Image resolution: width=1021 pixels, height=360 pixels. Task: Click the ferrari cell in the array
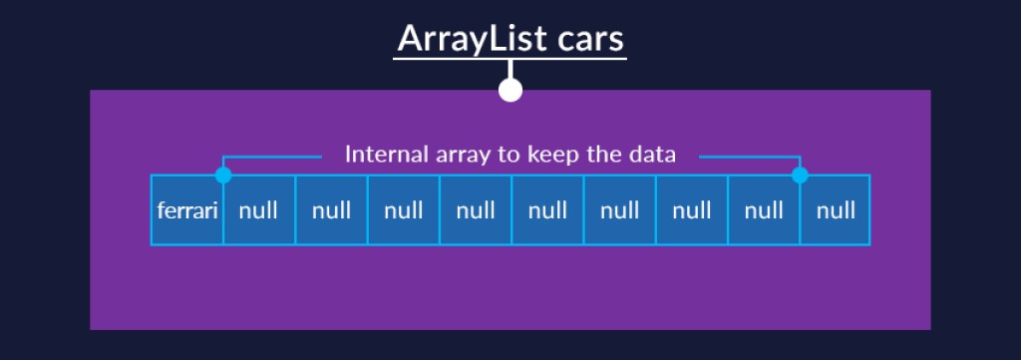click(x=186, y=210)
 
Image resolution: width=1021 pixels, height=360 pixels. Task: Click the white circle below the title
click(x=510, y=90)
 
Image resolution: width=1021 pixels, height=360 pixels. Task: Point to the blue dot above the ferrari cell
click(x=223, y=176)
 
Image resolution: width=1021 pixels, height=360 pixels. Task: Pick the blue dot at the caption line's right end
click(x=800, y=176)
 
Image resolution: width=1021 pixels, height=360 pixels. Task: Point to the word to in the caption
click(x=512, y=155)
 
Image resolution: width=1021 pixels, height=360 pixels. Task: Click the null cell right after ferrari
click(x=259, y=210)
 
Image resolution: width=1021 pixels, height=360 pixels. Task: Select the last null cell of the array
click(x=836, y=210)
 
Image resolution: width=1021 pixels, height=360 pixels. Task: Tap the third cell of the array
click(x=331, y=210)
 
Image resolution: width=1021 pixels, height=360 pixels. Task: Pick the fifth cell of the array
click(x=476, y=210)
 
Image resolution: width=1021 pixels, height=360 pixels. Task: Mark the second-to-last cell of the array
click(x=764, y=210)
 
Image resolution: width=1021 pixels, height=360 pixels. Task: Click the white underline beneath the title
click(x=510, y=59)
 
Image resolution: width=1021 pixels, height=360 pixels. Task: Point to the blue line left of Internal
click(x=271, y=157)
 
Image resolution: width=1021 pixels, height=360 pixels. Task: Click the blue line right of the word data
click(x=750, y=157)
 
